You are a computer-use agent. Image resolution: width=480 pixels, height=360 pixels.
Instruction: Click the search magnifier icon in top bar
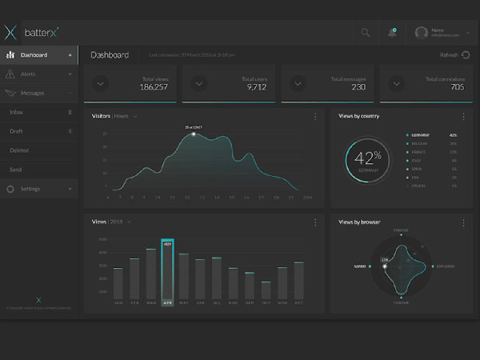366,33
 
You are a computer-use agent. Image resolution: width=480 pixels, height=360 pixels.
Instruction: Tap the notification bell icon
392,33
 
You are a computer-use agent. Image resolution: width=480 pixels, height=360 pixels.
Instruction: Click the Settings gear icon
10,189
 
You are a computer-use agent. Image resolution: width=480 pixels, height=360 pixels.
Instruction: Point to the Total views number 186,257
154,87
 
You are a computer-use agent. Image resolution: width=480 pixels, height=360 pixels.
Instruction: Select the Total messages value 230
357,87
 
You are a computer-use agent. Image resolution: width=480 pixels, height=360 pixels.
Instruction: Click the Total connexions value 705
457,87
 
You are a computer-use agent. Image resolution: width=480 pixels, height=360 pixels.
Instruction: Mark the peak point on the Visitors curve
194,134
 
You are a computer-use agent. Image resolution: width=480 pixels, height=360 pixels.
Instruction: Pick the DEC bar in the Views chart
298,279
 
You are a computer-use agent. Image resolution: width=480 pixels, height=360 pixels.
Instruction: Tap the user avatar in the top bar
422,33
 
